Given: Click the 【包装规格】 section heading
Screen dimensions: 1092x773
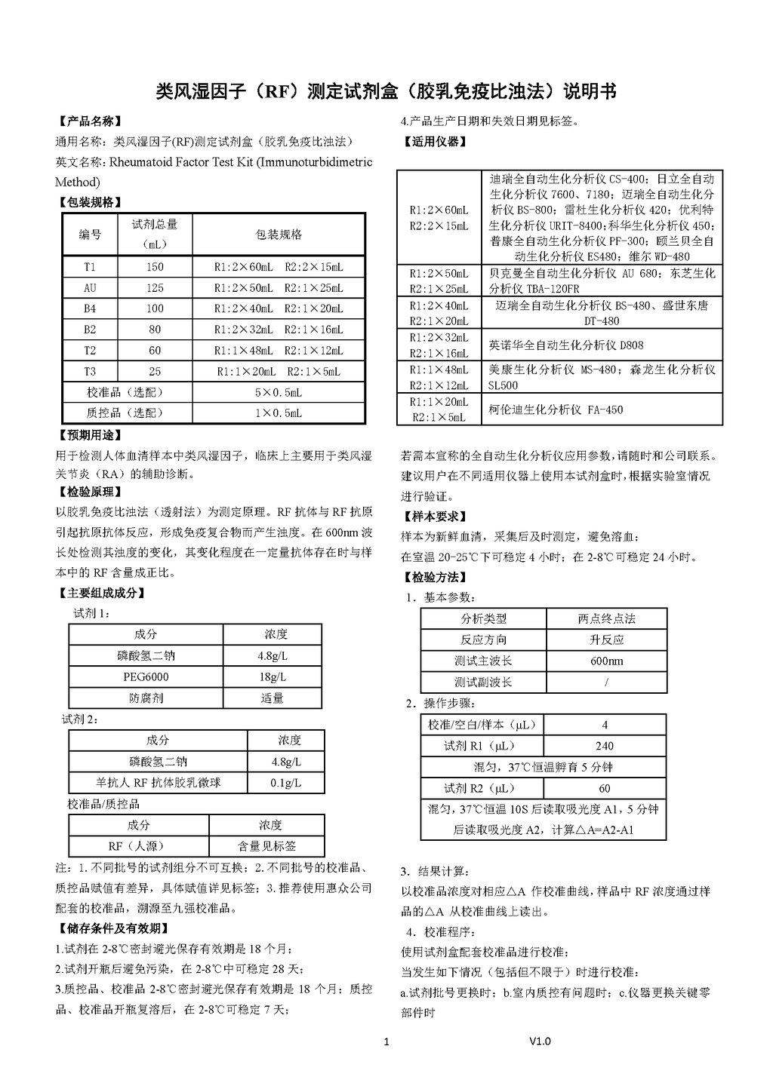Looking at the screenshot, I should pyautogui.click(x=89, y=202).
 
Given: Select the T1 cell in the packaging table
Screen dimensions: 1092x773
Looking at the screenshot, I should pyautogui.click(x=90, y=267).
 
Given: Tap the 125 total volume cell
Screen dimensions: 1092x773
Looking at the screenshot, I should pyautogui.click(x=155, y=288).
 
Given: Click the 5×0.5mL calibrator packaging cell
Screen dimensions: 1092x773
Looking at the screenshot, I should pyautogui.click(x=279, y=392).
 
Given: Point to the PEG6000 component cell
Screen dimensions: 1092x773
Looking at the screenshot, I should pyautogui.click(x=146, y=676).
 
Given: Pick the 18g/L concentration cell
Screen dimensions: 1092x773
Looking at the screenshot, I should pyautogui.click(x=273, y=676).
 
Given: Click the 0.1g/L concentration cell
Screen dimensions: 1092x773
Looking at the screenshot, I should pyautogui.click(x=285, y=783).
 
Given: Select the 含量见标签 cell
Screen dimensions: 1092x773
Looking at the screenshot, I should pyautogui.click(x=266, y=846).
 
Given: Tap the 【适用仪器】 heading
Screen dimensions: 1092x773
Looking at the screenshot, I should pyautogui.click(x=433, y=141).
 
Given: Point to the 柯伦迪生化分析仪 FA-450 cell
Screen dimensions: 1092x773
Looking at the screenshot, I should pyautogui.click(x=556, y=410).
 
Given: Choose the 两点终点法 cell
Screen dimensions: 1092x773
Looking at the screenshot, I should pyautogui.click(x=606, y=619).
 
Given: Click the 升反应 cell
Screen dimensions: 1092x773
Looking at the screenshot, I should pyautogui.click(x=606, y=640).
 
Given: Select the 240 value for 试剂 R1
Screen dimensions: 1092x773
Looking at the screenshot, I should pyautogui.click(x=605, y=746).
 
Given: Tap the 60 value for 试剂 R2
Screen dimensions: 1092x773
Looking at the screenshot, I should pyautogui.click(x=605, y=788).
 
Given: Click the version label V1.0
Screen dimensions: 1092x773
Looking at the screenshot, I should pyautogui.click(x=540, y=1041).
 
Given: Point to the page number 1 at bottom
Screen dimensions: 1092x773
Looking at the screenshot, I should pyautogui.click(x=386, y=1042).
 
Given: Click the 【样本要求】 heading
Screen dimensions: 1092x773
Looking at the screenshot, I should pyautogui.click(x=433, y=517).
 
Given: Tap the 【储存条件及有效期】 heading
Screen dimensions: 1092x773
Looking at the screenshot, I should pyautogui.click(x=112, y=928).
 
